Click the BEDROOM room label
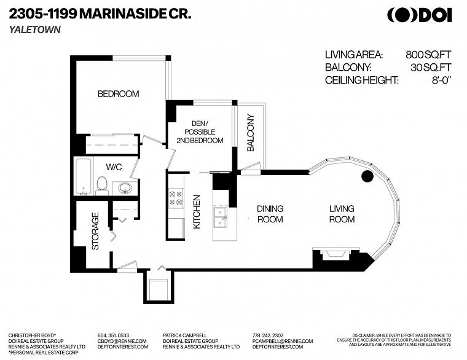coord(119,94)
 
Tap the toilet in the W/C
coord(103,184)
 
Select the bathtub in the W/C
coord(83,176)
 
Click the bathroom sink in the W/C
coord(124,187)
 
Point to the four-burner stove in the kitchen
coord(175,197)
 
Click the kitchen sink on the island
coord(220,213)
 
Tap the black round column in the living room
coord(367,177)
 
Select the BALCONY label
coord(251,133)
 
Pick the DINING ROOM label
coord(270,214)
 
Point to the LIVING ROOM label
coord(342,214)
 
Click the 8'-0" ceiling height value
coord(439,80)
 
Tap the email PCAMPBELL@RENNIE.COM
coord(282,340)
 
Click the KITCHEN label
coord(197,212)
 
